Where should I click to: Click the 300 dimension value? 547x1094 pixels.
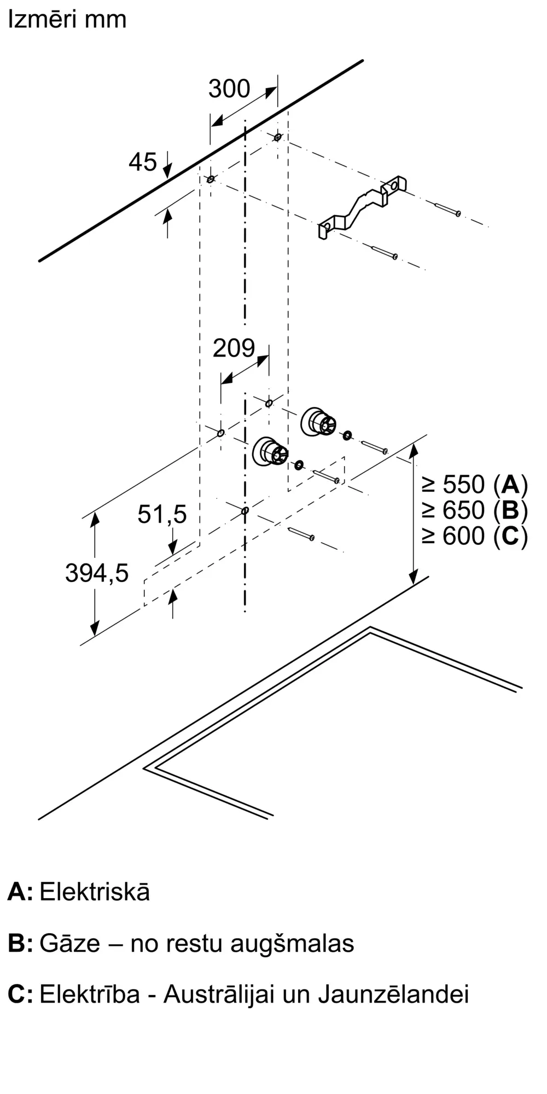(x=229, y=89)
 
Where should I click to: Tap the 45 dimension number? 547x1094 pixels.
(x=143, y=162)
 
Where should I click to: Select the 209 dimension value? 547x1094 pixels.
(x=234, y=348)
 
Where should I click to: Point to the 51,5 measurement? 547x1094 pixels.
(x=162, y=514)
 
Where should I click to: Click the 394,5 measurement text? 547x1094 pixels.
(x=97, y=573)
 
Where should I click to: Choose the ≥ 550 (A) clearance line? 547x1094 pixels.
(x=475, y=485)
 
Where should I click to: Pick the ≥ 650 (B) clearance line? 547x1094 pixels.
(x=475, y=510)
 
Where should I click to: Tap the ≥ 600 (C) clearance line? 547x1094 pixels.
(x=475, y=536)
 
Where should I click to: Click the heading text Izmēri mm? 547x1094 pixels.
(x=67, y=19)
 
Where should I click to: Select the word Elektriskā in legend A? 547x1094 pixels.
(x=95, y=892)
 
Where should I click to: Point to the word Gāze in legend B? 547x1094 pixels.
(x=70, y=943)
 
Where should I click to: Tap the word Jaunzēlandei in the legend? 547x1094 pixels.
(x=393, y=994)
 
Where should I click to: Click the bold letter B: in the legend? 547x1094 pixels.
(x=20, y=944)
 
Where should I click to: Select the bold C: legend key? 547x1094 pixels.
(x=20, y=994)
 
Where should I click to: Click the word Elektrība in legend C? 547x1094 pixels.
(x=90, y=994)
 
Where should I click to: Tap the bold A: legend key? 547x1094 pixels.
(x=20, y=892)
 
